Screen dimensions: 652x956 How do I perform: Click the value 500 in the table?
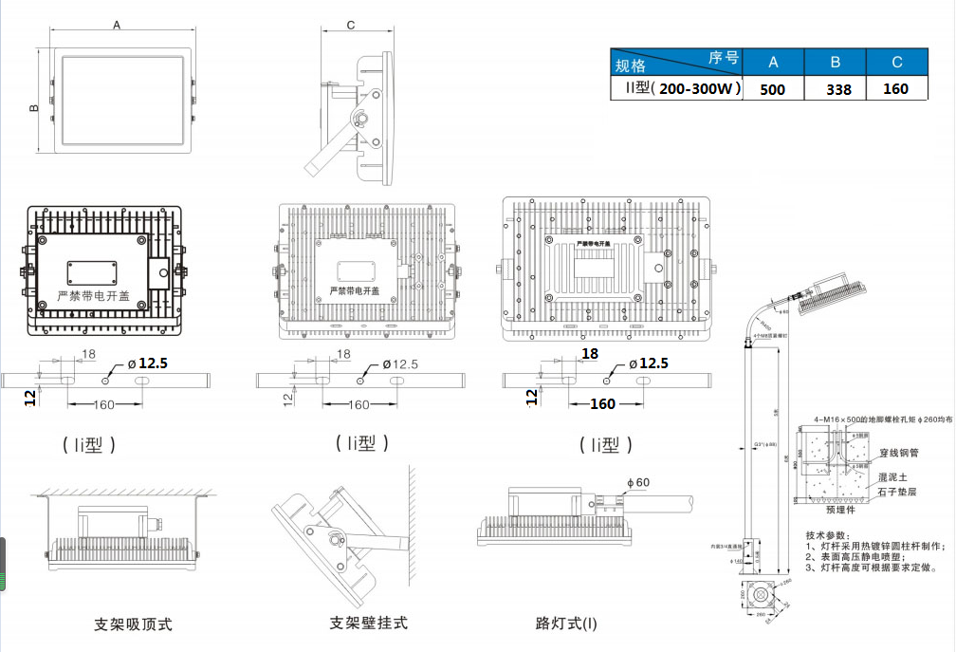[x=773, y=89]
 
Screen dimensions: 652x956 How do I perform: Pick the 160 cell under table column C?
[x=895, y=89]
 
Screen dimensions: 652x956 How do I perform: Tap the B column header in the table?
[x=836, y=63]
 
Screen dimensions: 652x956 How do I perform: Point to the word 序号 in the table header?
[x=724, y=57]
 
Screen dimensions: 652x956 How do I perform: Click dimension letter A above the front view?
[x=117, y=26]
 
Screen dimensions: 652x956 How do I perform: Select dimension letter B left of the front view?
[x=33, y=109]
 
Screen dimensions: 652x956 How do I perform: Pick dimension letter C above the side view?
[x=351, y=25]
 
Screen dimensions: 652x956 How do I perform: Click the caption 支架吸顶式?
[x=133, y=624]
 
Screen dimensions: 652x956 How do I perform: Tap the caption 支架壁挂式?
[x=368, y=624]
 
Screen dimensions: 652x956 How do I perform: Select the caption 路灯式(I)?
[x=567, y=624]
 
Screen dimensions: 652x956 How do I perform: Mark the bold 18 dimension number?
[x=590, y=354]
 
